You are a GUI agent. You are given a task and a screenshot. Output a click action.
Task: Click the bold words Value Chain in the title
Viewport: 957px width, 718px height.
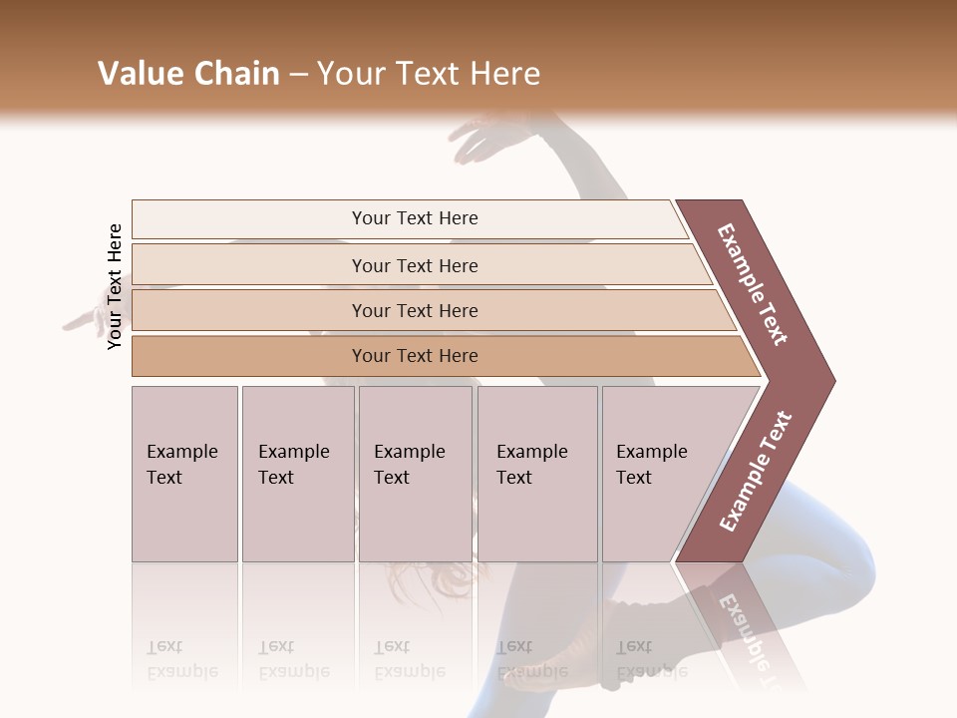(188, 74)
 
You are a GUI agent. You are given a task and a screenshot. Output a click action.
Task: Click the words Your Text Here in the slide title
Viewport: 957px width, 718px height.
(429, 74)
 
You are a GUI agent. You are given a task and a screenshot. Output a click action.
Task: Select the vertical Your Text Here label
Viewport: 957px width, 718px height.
(115, 286)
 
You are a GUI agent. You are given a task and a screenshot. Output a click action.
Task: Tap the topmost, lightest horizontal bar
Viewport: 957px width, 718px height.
(415, 218)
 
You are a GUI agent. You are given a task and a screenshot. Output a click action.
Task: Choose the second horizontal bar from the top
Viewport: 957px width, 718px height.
(415, 265)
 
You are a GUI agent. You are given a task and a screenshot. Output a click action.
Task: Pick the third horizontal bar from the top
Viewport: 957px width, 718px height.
(415, 310)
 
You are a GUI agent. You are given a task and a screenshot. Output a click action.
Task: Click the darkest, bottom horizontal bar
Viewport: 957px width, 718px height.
(415, 356)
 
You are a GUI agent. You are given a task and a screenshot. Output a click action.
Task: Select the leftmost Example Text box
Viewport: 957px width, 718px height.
(184, 474)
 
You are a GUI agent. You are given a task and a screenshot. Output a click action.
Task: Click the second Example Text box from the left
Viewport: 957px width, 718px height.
(297, 474)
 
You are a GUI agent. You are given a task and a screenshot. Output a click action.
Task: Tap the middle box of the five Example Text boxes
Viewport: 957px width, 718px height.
(415, 474)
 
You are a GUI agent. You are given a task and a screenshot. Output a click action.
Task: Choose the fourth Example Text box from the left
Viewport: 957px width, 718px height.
(537, 474)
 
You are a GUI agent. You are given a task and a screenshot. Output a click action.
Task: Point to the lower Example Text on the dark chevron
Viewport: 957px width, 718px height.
(756, 472)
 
